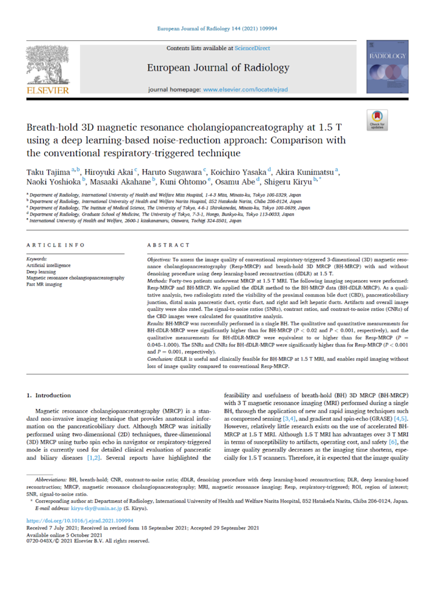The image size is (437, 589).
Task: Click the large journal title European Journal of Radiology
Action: (x=218, y=68)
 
